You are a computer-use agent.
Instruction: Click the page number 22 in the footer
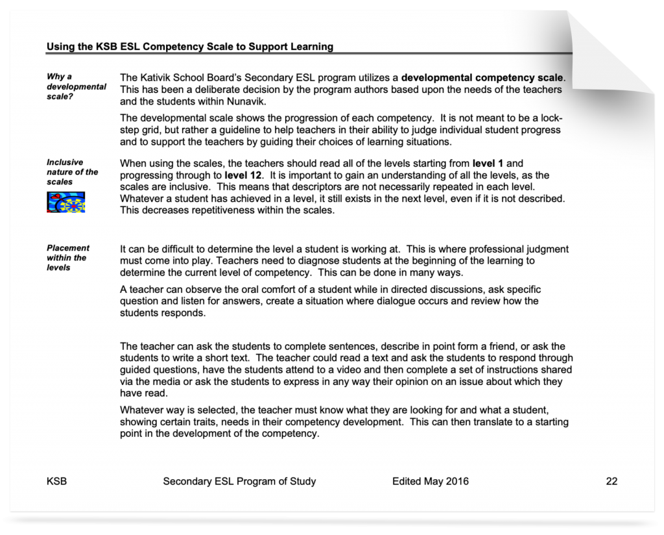611,481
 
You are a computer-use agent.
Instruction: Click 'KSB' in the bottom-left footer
56,481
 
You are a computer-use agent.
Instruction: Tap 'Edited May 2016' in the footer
430,481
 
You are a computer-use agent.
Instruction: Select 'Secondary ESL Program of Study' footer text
239,481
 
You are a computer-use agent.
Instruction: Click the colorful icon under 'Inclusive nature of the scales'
67,202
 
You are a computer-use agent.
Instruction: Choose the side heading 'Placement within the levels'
68,258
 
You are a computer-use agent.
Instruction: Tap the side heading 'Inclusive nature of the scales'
72,172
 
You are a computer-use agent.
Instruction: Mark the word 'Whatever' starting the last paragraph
141,410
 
